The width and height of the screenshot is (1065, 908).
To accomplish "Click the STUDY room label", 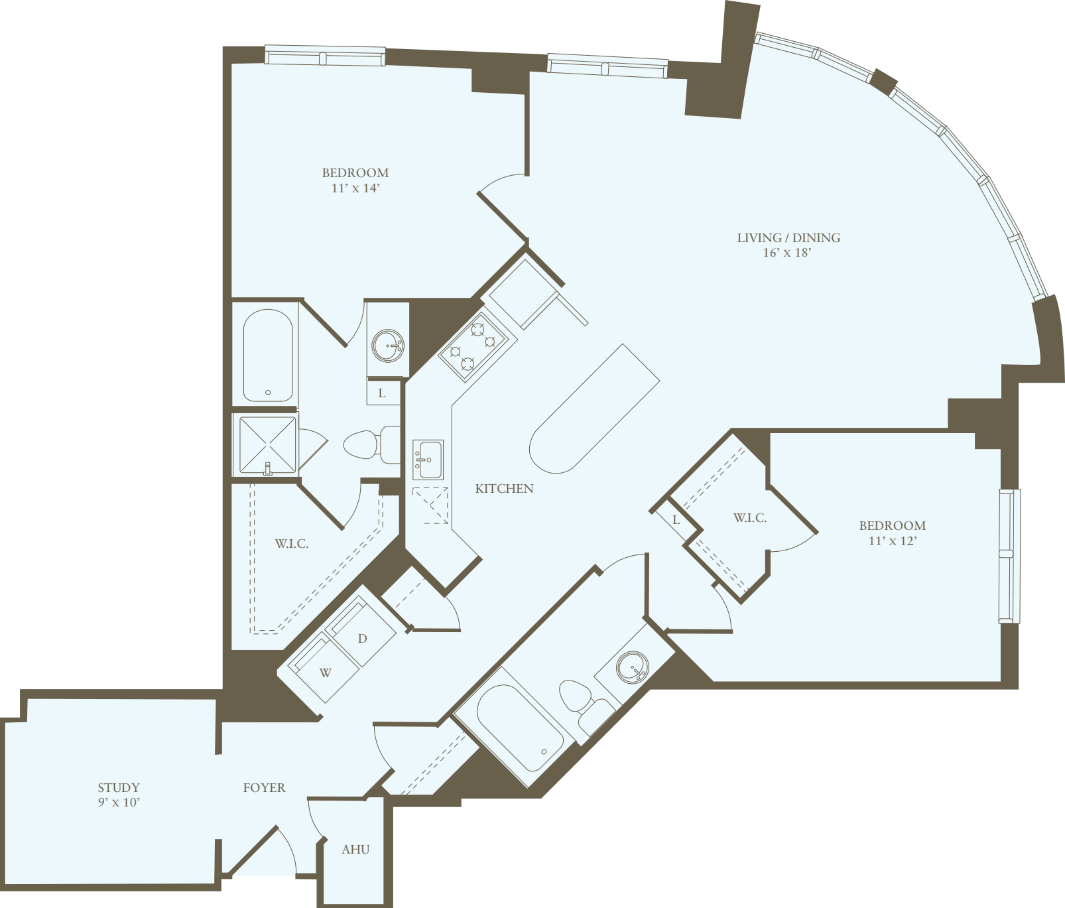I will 119,787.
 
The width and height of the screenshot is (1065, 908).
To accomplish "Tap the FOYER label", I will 264,787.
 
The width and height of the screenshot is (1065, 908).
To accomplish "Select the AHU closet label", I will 355,849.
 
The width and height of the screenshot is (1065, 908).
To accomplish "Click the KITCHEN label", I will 504,489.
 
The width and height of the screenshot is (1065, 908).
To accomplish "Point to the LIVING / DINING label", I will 788,237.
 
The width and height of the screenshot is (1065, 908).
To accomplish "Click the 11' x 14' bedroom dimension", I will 355,188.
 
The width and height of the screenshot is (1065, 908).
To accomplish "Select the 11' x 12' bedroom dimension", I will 892,541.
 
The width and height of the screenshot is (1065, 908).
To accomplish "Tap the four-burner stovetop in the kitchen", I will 477,346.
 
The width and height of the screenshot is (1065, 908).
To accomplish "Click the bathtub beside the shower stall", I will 268,356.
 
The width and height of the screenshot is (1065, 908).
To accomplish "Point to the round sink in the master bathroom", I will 388,346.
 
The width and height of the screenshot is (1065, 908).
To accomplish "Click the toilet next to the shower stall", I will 368,444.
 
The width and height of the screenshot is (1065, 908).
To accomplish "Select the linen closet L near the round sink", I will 383,393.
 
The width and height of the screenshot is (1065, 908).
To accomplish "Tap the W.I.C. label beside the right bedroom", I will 750,518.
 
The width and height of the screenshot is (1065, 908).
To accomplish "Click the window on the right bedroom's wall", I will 1007,556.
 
